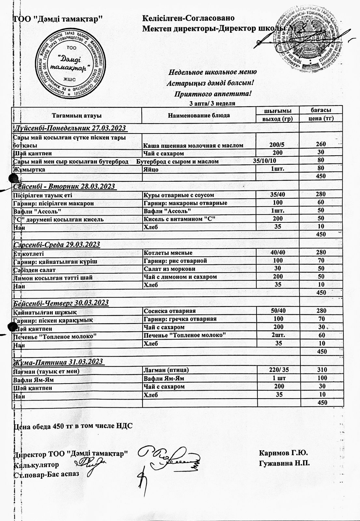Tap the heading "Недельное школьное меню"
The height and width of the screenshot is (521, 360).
coord(213,72)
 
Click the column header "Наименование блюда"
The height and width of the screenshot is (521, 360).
coord(199,115)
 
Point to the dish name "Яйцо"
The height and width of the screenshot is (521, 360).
coord(151,169)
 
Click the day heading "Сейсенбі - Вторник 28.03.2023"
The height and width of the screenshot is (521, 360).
coord(64,186)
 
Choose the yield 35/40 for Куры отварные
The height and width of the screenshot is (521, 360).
coord(278,195)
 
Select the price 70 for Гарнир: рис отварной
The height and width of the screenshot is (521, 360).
coord(321,261)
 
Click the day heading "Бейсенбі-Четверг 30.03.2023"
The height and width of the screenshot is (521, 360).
coord(61,303)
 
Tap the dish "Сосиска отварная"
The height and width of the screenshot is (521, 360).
coord(170,311)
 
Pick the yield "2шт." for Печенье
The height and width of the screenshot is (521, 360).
coord(278,335)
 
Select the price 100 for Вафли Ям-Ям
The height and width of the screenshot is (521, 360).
coord(321,378)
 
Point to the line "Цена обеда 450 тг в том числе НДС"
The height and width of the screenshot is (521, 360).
coord(73,426)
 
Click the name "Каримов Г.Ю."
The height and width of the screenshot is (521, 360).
coord(284,453)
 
